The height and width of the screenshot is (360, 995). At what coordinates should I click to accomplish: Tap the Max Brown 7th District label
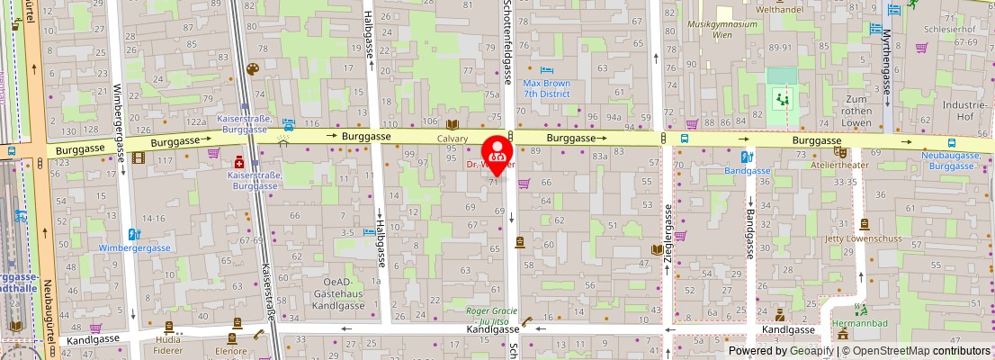coord(547,88)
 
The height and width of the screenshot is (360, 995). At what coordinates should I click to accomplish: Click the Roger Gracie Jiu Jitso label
coord(493,317)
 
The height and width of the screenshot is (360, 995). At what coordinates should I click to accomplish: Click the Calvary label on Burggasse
coord(453,139)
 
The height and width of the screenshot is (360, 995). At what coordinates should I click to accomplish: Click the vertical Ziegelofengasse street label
coord(668,229)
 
